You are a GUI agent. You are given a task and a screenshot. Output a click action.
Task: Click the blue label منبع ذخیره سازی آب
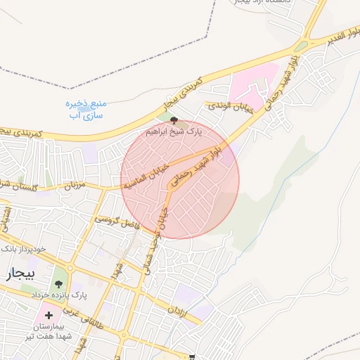[84, 109]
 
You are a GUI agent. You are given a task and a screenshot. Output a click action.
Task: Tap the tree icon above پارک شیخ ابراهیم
[174, 121]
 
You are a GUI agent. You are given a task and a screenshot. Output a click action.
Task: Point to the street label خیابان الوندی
[229, 107]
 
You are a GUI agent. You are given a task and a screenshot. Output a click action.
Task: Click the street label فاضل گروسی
[120, 224]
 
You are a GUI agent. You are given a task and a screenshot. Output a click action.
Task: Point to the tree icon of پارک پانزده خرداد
[58, 284]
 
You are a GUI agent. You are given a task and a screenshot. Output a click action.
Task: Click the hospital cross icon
[49, 314]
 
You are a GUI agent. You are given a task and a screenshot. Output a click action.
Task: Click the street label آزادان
[176, 310]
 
